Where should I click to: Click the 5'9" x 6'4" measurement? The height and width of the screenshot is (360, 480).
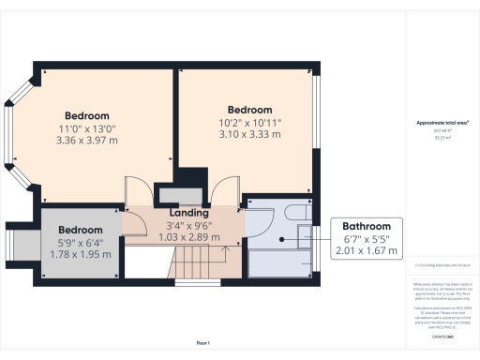79,244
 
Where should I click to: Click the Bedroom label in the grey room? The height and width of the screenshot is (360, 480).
79,231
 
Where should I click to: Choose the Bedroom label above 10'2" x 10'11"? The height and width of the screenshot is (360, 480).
249,109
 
